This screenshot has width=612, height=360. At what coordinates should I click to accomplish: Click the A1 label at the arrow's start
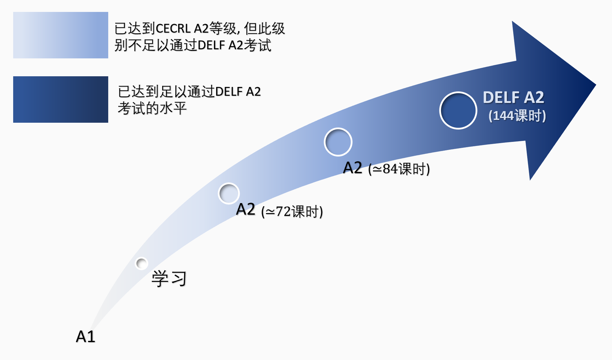point(85,336)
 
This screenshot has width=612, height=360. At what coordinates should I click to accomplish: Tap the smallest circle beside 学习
point(141,263)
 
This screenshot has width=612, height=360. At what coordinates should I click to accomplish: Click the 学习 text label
point(169,279)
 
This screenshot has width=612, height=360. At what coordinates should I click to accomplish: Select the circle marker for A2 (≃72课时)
point(229,193)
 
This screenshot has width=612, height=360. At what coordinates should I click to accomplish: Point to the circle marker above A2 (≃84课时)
point(338,142)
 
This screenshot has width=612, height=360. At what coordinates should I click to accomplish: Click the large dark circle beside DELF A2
point(458,110)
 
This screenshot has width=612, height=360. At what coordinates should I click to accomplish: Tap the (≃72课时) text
point(292,211)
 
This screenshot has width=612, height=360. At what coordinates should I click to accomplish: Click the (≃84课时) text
point(399,169)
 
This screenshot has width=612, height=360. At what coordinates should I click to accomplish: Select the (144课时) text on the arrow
point(517,116)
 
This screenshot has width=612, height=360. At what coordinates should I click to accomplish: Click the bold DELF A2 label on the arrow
point(514,97)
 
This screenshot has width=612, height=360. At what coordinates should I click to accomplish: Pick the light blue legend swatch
point(61,35)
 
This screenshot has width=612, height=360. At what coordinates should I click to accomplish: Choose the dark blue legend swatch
point(61,99)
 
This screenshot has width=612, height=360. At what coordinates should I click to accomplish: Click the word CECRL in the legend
point(173,29)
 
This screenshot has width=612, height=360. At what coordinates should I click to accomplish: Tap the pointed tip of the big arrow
point(596,85)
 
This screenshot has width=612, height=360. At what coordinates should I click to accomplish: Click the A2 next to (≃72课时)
point(246,209)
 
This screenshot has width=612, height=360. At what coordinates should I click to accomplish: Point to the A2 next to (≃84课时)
point(353,168)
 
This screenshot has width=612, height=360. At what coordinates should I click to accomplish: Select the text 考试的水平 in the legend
point(152,108)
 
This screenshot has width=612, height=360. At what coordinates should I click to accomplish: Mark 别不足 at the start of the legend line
point(135,45)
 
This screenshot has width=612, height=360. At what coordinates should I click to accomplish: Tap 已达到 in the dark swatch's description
point(139,92)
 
